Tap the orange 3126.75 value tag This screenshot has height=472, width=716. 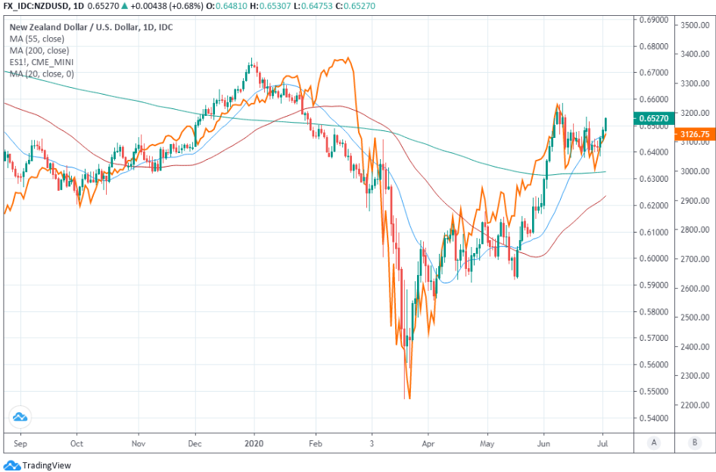(691, 133)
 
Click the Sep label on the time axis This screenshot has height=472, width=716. (21, 442)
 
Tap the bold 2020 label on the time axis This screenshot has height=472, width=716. (254, 442)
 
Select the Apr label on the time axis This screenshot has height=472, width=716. (429, 442)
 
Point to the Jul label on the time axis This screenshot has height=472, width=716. (603, 442)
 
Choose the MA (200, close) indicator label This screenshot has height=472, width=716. (41, 51)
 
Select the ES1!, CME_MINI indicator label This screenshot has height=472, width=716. (42, 61)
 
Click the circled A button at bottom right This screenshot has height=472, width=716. (653, 442)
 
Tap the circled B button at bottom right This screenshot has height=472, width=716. (694, 442)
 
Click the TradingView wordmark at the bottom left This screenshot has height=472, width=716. (46, 465)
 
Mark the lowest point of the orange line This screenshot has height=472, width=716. (409, 398)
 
